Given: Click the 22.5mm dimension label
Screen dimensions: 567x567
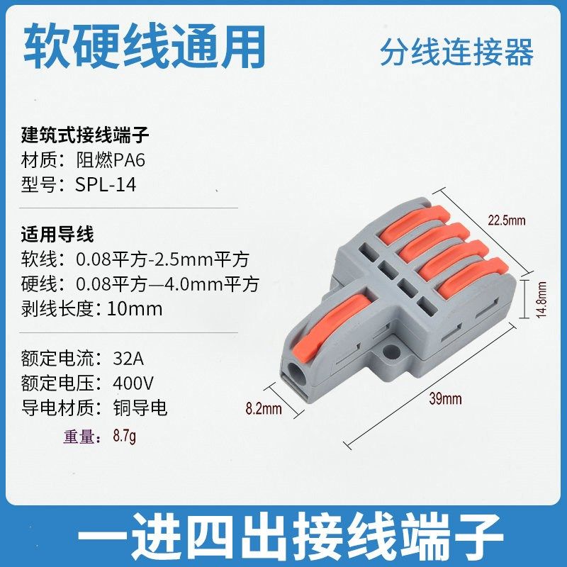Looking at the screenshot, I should tap(506, 220).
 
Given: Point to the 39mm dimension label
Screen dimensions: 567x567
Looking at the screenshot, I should tap(445, 399).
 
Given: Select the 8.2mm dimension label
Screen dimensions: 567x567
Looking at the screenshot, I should tap(263, 408).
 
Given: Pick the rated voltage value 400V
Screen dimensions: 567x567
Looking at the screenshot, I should tap(134, 383).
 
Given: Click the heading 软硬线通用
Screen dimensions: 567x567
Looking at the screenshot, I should tap(145, 47).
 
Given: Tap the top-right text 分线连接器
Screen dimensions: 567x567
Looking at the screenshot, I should tap(456, 53).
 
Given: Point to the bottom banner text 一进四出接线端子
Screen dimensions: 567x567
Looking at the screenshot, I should tap(283, 537).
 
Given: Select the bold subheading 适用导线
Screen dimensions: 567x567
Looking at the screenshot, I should tap(58, 234).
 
